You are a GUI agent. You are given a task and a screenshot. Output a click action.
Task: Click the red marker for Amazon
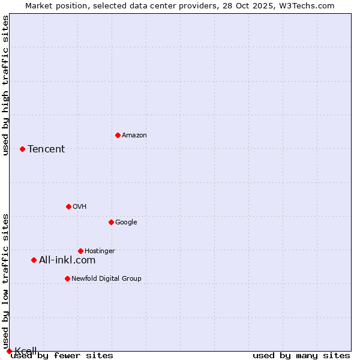coord(118,135)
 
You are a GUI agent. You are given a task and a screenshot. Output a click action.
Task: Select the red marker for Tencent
coord(22,149)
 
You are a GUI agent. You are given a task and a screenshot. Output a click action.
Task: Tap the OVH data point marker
coord(68,206)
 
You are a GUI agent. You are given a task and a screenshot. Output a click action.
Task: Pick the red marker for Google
coord(111,222)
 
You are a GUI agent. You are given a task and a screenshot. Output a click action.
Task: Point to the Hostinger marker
coord(80,251)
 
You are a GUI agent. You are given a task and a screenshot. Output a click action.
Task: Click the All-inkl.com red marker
coord(34,260)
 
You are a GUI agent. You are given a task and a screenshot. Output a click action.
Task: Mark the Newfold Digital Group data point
coord(67,278)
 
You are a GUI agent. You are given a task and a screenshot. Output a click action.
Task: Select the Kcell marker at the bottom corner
coord(9,351)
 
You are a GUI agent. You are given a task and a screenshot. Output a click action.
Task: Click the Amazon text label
coord(134,136)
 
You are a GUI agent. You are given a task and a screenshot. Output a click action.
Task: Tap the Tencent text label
coord(46,149)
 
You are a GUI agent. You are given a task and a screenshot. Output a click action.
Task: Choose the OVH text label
coord(80,207)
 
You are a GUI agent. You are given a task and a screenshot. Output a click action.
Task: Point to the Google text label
coord(126,223)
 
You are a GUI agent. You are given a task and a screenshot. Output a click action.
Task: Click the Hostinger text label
coord(100,251)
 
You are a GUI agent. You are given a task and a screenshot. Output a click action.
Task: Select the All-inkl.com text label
coord(67,260)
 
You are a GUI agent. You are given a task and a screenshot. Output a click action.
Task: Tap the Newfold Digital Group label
coord(106,279)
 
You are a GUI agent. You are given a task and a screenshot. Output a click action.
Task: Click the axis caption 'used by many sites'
coord(301,356)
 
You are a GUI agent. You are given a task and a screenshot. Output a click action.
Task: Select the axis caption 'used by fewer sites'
coord(62,356)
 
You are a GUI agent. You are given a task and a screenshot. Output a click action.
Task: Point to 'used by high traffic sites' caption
coord(5,85)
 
